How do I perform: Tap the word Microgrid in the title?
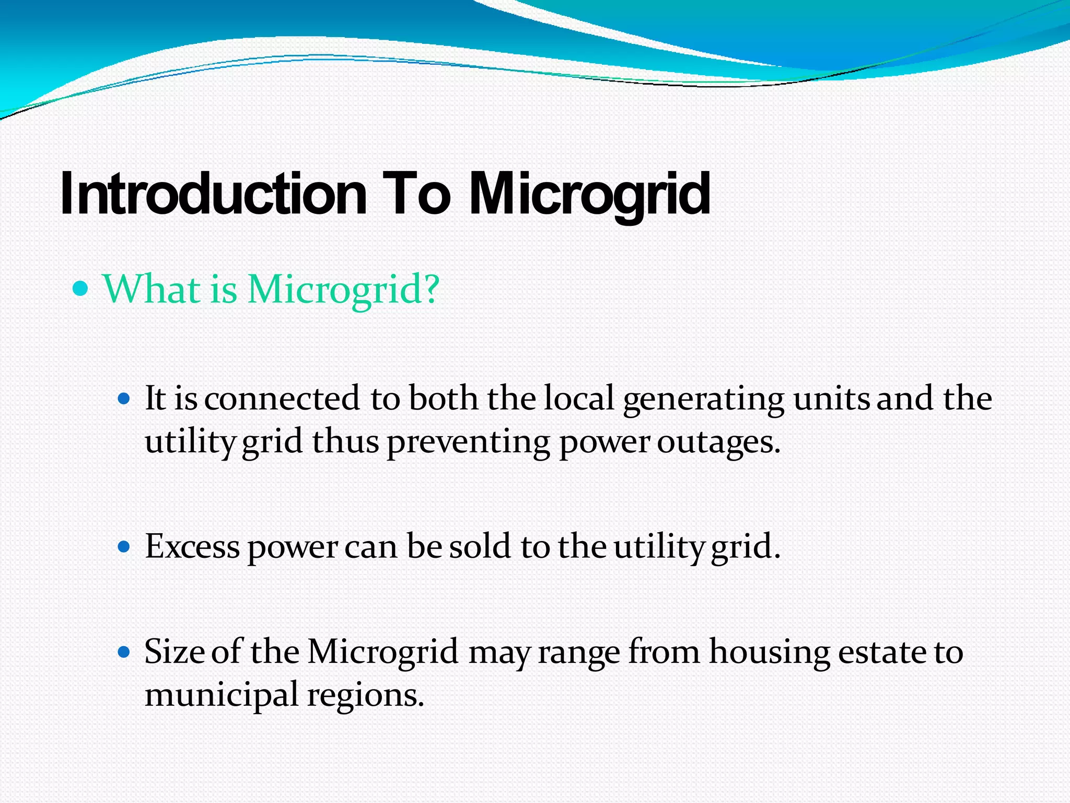(590, 194)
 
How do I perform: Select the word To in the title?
(416, 194)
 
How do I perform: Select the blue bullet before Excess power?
(124, 547)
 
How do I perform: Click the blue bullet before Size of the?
(124, 652)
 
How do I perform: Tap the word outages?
(718, 443)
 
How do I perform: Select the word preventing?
(468, 443)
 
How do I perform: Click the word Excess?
(192, 547)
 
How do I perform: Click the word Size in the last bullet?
(175, 652)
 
